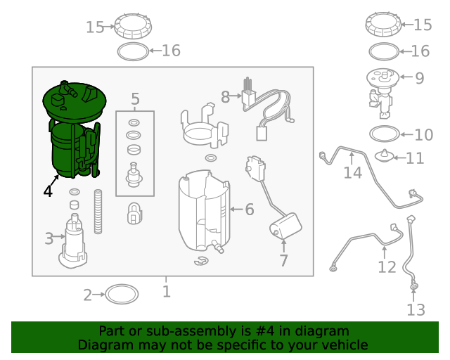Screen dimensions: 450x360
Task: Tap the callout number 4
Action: point(48,191)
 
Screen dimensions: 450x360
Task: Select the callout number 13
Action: point(416,310)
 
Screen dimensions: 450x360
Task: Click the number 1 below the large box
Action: point(167,291)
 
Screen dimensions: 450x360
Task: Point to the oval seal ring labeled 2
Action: point(122,295)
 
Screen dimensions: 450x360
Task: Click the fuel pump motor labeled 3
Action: point(73,241)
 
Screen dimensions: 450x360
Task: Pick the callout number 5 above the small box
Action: point(135,98)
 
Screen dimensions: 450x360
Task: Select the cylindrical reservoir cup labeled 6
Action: point(205,211)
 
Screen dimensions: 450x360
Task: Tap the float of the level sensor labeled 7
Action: point(285,226)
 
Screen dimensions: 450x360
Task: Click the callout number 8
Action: point(225,97)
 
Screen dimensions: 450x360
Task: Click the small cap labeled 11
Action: point(385,156)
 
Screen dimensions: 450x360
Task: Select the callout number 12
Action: point(387,267)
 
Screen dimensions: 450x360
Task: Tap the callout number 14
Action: point(353,173)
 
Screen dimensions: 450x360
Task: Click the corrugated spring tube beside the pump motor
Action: point(98,212)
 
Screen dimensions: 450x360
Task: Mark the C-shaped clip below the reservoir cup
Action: point(201,261)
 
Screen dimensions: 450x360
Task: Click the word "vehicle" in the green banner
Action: point(347,345)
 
